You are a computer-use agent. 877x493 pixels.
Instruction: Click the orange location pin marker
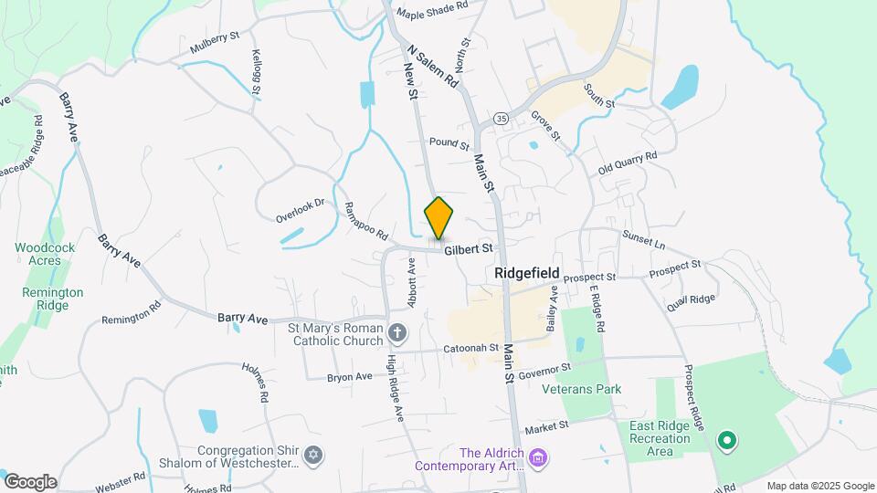click(439, 218)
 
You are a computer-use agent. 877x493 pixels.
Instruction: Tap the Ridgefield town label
click(526, 272)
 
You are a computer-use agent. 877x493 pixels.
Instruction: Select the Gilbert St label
click(469, 247)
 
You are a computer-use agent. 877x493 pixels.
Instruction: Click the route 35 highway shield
click(501, 119)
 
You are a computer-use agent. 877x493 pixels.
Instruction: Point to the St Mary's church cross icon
click(397, 331)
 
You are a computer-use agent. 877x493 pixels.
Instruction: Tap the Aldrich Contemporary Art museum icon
click(538, 455)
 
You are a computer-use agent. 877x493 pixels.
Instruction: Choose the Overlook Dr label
click(301, 211)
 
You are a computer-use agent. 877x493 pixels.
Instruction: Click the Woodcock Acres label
click(37, 254)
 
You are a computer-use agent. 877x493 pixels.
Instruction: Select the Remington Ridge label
click(53, 299)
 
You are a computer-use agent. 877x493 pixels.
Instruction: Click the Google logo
click(30, 482)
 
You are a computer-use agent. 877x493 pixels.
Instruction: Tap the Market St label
click(545, 425)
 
